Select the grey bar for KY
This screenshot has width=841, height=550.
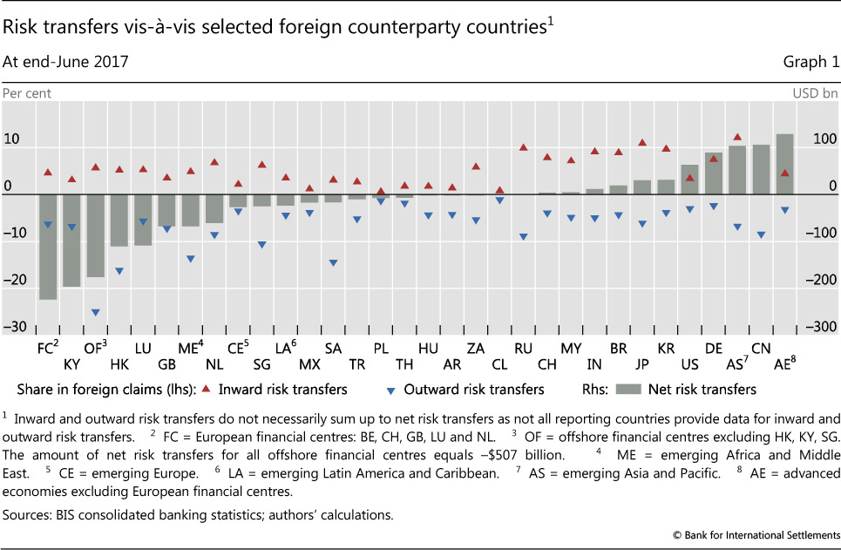coord(71,240)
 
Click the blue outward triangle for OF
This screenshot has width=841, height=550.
coord(96,312)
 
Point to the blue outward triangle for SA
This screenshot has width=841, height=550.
coord(333,262)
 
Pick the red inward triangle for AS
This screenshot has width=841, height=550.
coord(737,138)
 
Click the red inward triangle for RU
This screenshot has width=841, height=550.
coord(523,147)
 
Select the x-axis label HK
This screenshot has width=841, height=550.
coord(119,364)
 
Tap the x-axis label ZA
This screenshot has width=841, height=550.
coord(475,347)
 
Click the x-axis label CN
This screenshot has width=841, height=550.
coord(761,347)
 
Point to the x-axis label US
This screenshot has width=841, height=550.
coord(689,364)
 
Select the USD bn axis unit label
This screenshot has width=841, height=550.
coord(816,92)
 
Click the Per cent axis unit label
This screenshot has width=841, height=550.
coord(27,92)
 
